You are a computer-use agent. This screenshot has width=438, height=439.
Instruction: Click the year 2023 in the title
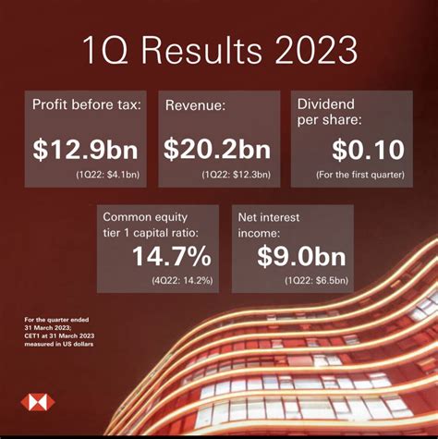click(x=316, y=50)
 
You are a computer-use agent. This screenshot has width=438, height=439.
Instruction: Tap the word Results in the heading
click(x=201, y=50)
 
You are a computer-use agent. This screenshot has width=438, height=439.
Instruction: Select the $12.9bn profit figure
click(x=85, y=150)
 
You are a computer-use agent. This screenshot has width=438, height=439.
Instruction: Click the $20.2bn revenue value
click(x=217, y=150)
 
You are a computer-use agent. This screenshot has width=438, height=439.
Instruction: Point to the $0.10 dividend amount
click(x=368, y=150)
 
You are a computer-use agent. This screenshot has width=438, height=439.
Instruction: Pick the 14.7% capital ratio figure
click(x=172, y=256)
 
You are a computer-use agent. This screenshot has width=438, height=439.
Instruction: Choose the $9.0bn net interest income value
click(x=301, y=256)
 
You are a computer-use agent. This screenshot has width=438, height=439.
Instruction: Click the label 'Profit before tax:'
click(x=87, y=104)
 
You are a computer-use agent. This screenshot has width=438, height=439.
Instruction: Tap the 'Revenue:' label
click(x=195, y=105)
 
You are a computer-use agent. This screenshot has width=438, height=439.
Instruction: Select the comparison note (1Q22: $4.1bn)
click(x=108, y=175)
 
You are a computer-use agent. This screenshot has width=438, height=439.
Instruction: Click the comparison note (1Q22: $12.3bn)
click(x=237, y=175)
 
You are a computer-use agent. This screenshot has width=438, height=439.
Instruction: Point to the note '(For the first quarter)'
click(x=360, y=175)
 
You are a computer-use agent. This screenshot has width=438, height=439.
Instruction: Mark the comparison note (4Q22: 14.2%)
click(x=182, y=281)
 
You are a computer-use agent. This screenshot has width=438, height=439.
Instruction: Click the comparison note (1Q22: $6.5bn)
click(x=316, y=281)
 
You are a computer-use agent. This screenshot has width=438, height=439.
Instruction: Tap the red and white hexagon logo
click(x=38, y=402)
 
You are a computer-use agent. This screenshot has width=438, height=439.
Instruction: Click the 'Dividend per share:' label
click(x=329, y=112)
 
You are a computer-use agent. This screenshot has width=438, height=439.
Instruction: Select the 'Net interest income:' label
click(x=269, y=226)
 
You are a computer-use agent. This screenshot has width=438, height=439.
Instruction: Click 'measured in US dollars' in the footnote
click(x=59, y=344)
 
